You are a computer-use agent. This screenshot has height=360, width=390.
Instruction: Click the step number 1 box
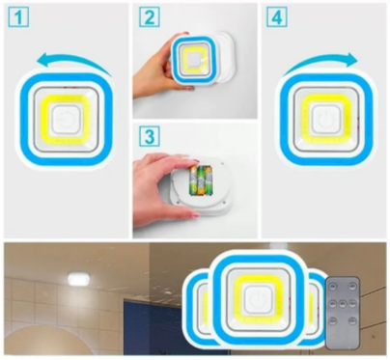click(18, 17)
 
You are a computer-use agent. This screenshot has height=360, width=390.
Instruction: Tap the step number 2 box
click(150, 17)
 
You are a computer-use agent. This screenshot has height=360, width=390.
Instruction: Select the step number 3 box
click(150, 136)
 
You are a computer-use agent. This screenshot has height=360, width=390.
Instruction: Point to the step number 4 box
click(277, 17)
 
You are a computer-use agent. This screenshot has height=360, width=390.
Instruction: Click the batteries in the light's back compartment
click(202, 180)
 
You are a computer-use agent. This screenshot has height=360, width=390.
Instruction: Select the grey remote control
click(343, 313)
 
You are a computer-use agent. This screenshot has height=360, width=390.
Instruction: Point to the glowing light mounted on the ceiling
click(78, 279)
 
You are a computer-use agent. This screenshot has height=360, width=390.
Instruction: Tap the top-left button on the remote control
click(333, 286)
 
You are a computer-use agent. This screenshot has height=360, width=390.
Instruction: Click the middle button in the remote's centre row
click(343, 303)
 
